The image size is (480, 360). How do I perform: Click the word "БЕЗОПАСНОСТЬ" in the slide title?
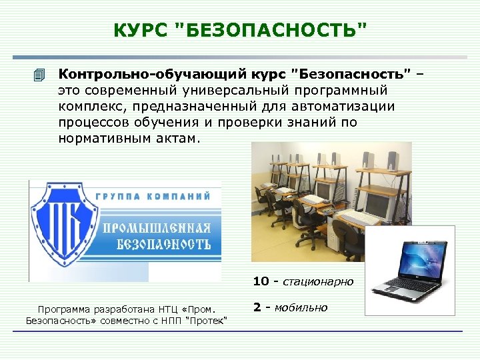coord(271,30)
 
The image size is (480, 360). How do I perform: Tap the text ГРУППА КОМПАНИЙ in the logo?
coord(153,196)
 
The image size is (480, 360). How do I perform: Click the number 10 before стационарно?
coord(261,282)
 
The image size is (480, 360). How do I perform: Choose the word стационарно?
coord(318,282)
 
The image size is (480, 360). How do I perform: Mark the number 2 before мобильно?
coord(257,307)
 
